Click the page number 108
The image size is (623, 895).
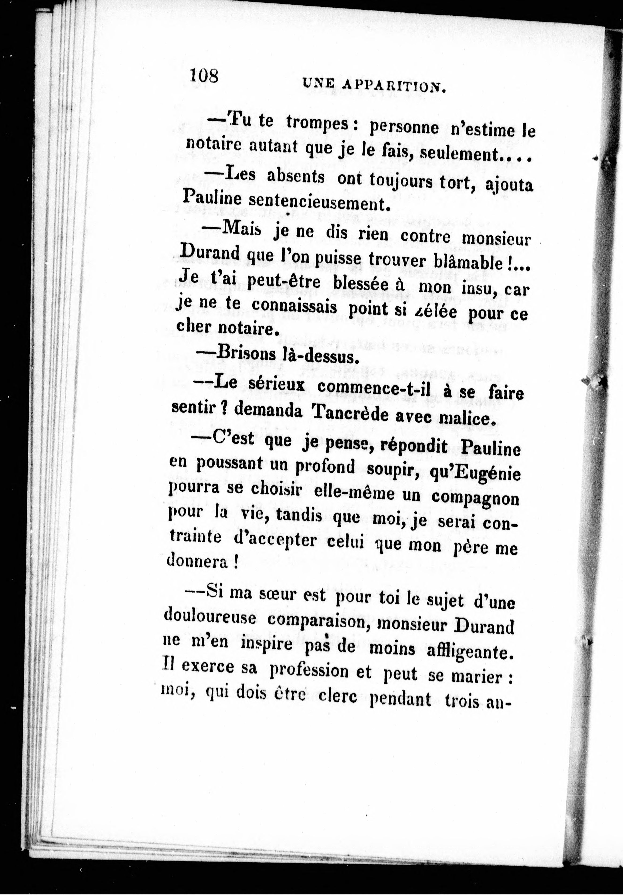click(204, 75)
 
